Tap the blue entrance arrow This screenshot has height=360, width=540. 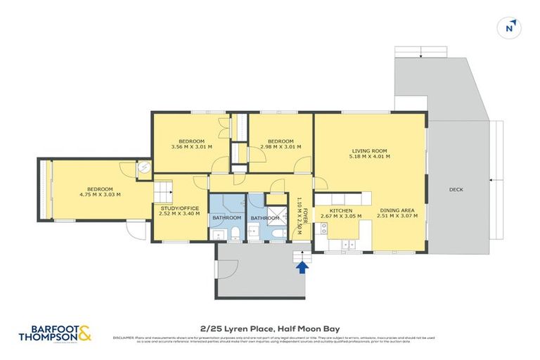pyautogui.click(x=302, y=266)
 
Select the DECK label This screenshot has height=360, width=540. pyautogui.click(x=456, y=190)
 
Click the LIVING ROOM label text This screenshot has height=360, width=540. pyautogui.click(x=370, y=150)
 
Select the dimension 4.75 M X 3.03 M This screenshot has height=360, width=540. pyautogui.click(x=99, y=195)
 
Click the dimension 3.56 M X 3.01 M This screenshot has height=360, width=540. pyautogui.click(x=191, y=147)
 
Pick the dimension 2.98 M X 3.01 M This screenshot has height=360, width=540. pyautogui.click(x=281, y=147)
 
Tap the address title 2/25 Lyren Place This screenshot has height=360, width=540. pyautogui.click(x=269, y=327)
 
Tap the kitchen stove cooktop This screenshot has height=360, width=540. pyautogui.click(x=324, y=227)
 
